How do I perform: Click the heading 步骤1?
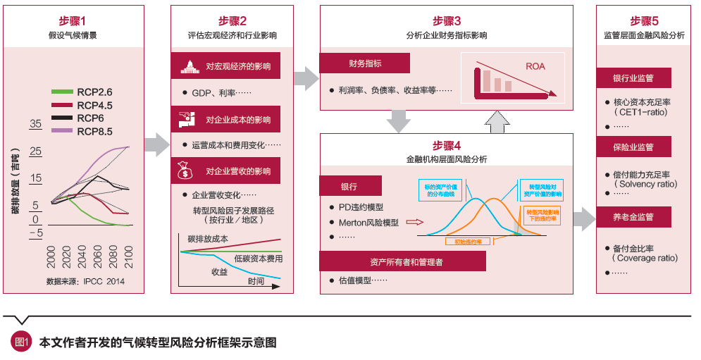(73, 21)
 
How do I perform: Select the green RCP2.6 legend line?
(61, 92)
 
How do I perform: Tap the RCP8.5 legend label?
(95, 131)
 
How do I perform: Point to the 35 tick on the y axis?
(36, 125)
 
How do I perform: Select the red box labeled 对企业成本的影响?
(225, 119)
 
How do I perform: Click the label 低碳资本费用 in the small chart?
(258, 259)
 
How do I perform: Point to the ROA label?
(535, 67)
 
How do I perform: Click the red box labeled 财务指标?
(365, 63)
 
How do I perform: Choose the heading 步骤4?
(446, 145)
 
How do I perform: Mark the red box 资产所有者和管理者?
(402, 261)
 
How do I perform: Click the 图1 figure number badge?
(21, 343)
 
